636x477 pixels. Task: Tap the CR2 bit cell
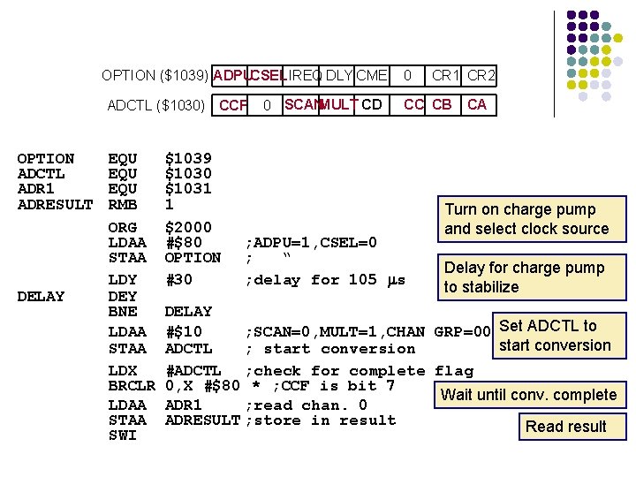[x=481, y=75]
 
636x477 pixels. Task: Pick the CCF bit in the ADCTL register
[x=233, y=105]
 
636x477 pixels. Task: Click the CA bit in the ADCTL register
[x=477, y=104]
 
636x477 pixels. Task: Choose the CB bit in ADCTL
[x=443, y=104]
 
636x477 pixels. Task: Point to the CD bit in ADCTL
[x=372, y=104]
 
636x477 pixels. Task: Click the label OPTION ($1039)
[x=155, y=75]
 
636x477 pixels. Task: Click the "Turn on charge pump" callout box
[x=526, y=219]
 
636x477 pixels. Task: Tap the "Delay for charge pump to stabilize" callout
[x=524, y=277]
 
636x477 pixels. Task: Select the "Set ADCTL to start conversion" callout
[x=554, y=335]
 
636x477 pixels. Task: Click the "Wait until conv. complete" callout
[x=528, y=394]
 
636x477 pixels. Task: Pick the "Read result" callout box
[x=565, y=426]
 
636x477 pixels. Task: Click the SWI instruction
[x=122, y=435]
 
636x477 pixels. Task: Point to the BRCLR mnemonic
[x=131, y=386]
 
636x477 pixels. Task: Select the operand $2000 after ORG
[x=188, y=228]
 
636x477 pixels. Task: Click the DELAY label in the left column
[x=41, y=296]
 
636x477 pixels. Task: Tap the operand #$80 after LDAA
[x=184, y=243]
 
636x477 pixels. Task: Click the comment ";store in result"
[x=321, y=420]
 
